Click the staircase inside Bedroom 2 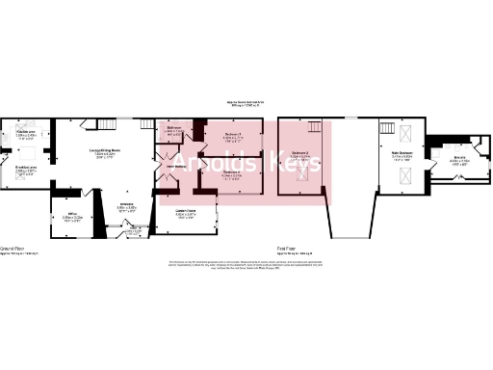[314, 130]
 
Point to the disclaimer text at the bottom [246, 264]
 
